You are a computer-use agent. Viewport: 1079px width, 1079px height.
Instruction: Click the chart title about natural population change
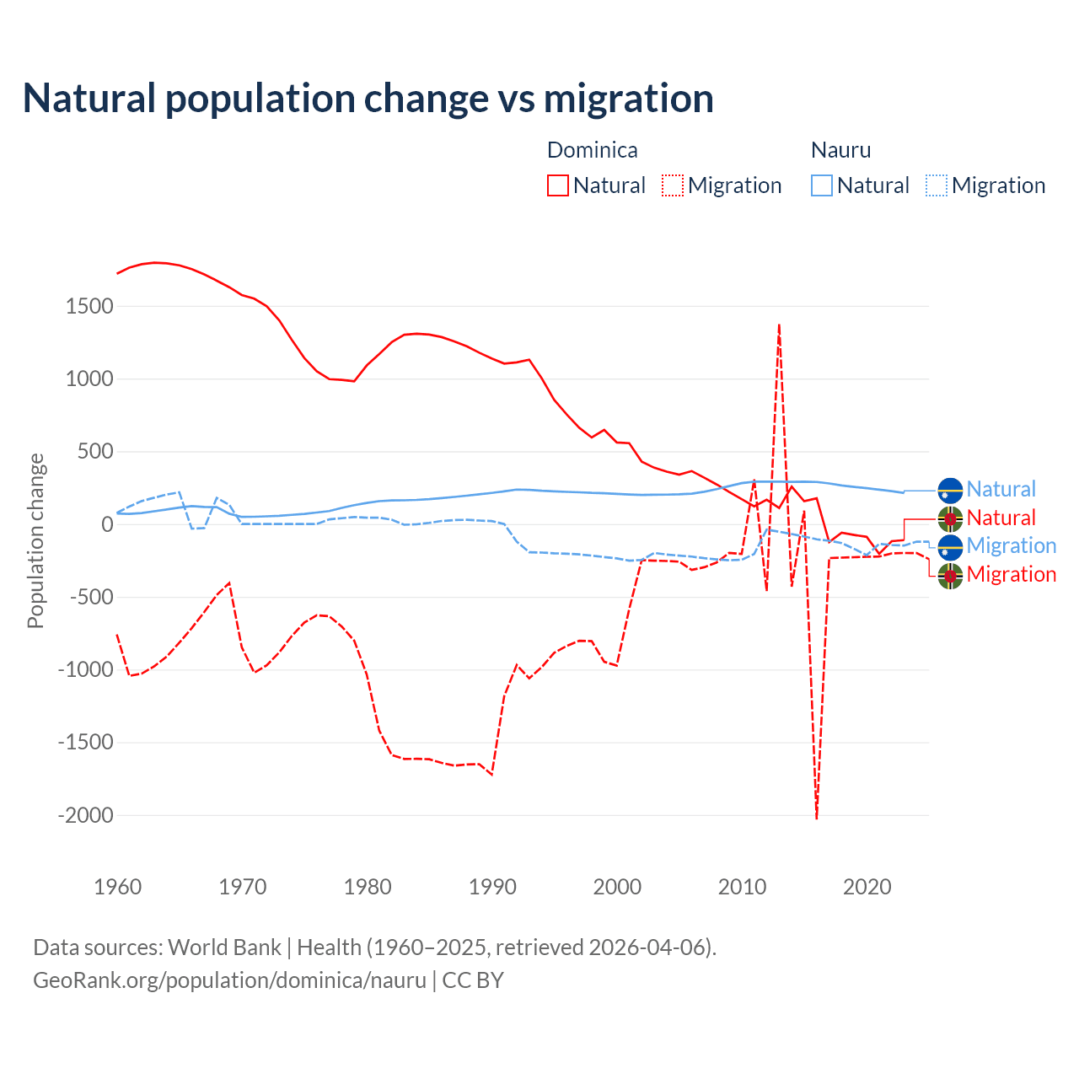(x=368, y=99)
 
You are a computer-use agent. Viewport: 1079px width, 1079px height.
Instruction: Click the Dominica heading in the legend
(x=592, y=150)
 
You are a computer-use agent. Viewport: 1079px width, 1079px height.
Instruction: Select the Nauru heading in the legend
(x=840, y=150)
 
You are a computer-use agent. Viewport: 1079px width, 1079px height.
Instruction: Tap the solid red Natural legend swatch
(x=558, y=185)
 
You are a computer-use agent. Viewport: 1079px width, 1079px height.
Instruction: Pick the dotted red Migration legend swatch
(x=673, y=185)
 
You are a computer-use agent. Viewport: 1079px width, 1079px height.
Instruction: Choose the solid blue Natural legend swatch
(x=822, y=185)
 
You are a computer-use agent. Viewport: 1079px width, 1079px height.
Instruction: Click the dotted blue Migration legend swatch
(x=937, y=185)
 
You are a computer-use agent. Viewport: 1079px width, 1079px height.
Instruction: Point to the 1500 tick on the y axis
(x=89, y=306)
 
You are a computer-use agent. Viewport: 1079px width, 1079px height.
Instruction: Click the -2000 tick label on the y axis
(x=85, y=815)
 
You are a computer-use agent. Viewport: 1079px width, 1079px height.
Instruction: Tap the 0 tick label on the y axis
(x=107, y=524)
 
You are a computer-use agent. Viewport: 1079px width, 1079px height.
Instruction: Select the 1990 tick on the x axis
(x=492, y=887)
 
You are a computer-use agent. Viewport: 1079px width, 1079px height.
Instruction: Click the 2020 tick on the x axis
(x=867, y=887)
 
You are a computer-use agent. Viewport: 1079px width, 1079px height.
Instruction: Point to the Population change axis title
(x=35, y=540)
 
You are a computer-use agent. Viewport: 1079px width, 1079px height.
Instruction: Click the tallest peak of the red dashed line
(x=779, y=325)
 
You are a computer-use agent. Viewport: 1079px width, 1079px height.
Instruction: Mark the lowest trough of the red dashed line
(x=816, y=817)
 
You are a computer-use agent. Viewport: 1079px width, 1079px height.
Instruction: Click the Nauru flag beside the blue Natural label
(x=950, y=490)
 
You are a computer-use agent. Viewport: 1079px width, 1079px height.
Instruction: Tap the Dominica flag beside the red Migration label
(x=950, y=576)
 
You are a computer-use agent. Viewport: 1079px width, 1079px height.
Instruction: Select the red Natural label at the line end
(x=1001, y=518)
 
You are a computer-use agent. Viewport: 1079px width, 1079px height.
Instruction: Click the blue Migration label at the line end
(x=1011, y=545)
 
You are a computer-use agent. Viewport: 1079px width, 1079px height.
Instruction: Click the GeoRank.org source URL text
(x=229, y=980)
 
